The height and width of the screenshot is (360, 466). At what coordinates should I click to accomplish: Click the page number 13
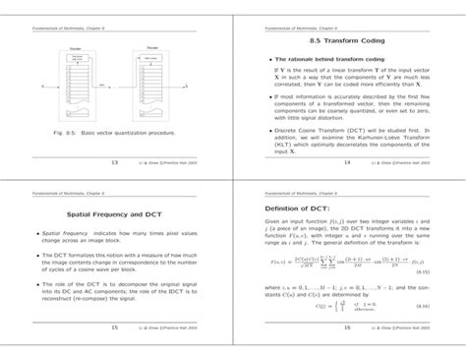pyautogui.click(x=114, y=161)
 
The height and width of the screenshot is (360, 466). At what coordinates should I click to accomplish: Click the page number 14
pyautogui.click(x=349, y=161)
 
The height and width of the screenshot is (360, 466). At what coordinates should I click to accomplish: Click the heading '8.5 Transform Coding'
pyautogui.click(x=349, y=41)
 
